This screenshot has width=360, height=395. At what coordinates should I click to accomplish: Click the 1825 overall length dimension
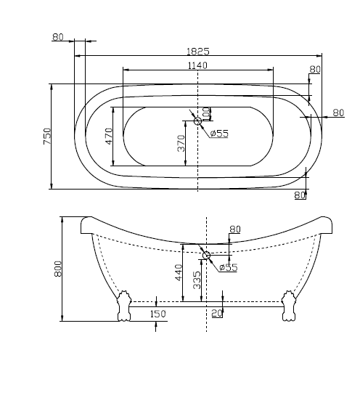tap(198, 52)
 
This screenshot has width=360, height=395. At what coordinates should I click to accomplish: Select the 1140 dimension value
tap(198, 65)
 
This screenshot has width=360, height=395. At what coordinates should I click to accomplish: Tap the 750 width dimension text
tap(47, 136)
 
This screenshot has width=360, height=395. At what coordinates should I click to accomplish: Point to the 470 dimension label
tap(110, 136)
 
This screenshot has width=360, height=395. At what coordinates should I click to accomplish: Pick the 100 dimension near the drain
tap(206, 114)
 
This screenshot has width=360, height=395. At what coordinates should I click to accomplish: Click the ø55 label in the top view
tap(219, 133)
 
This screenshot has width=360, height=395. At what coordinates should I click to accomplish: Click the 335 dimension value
tap(197, 281)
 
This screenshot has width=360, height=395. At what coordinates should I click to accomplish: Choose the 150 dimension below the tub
tap(157, 314)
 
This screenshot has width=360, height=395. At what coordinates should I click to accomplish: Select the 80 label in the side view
tap(234, 229)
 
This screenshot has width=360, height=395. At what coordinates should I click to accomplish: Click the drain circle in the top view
tap(198, 121)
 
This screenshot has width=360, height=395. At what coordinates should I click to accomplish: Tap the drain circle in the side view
tap(207, 255)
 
